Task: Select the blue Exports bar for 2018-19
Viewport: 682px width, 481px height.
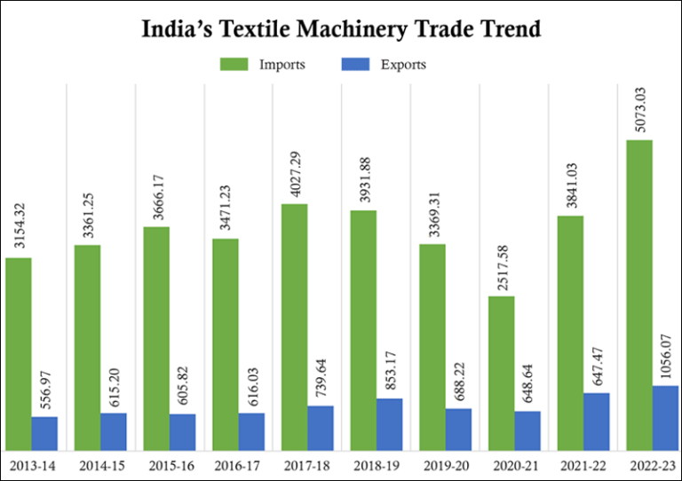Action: [x=389, y=424]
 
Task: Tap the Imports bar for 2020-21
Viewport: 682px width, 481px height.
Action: [x=502, y=373]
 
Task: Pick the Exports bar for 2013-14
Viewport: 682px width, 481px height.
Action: [x=44, y=433]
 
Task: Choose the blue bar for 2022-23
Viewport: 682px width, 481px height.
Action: [x=665, y=417]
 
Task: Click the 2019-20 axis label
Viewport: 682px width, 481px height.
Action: [x=445, y=464]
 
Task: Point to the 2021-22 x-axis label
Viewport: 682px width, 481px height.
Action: [x=583, y=464]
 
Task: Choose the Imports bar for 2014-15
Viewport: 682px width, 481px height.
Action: [x=87, y=347]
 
